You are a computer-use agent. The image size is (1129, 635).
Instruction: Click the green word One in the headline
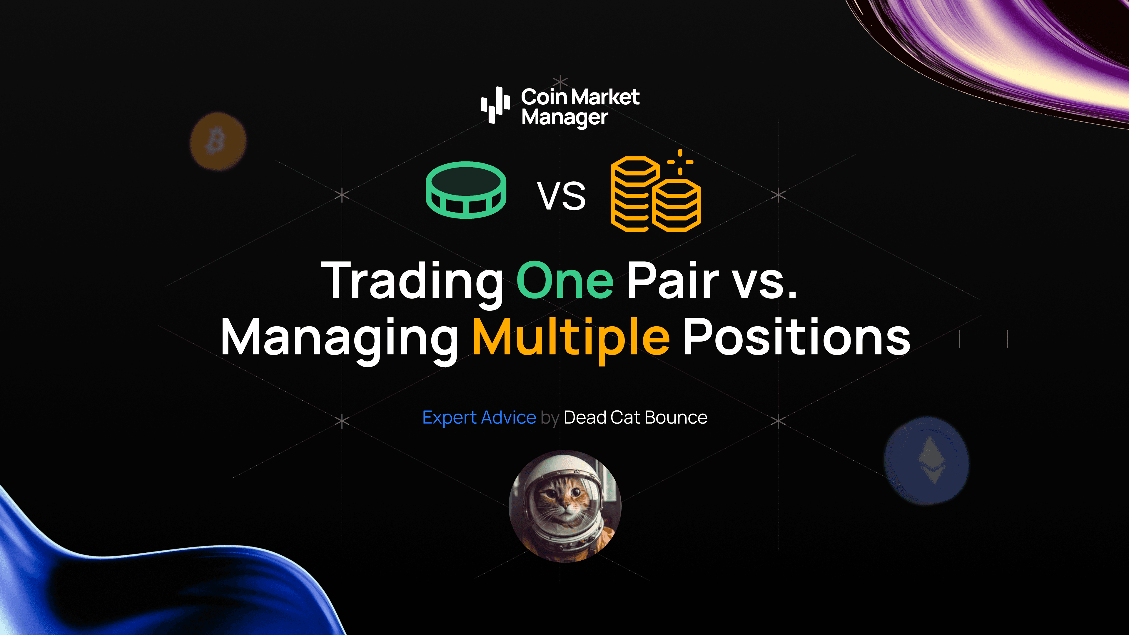click(x=565, y=280)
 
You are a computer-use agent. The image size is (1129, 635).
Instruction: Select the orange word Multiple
click(x=571, y=337)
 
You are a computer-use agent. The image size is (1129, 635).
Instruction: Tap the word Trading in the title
click(x=412, y=280)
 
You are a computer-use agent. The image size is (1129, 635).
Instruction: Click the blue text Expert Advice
click(x=479, y=418)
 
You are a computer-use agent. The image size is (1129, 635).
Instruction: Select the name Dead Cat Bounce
click(x=635, y=418)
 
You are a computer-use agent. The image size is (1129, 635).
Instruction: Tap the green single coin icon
click(x=466, y=190)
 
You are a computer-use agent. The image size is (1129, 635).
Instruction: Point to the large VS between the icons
click(x=562, y=196)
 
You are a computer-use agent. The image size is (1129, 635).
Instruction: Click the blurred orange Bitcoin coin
click(x=218, y=141)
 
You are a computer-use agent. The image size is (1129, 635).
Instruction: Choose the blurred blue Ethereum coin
click(x=926, y=461)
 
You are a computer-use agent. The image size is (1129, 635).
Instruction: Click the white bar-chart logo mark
click(x=495, y=105)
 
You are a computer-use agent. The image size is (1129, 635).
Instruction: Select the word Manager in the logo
click(x=565, y=118)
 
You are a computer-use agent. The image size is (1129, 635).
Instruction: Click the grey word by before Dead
click(x=550, y=418)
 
